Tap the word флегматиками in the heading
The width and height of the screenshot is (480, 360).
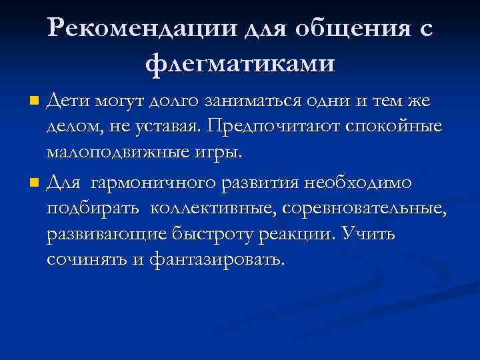click(240, 63)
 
